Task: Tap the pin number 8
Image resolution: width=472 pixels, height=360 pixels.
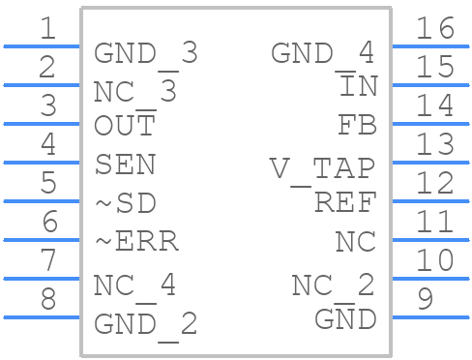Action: (47, 299)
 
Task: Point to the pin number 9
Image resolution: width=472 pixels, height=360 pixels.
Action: (425, 299)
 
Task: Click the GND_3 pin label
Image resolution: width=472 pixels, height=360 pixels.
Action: (145, 54)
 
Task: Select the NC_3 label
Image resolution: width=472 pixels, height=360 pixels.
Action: (135, 93)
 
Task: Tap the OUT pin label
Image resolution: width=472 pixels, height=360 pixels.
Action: (125, 126)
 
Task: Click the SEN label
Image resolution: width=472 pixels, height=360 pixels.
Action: (125, 165)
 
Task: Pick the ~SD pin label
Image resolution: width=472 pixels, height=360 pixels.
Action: (125, 203)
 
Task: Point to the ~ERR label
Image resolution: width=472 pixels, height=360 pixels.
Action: (135, 242)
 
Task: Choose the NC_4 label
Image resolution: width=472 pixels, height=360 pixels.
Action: (135, 286)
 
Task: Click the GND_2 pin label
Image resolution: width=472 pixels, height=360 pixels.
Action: (145, 324)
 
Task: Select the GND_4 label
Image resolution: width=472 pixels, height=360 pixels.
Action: (323, 54)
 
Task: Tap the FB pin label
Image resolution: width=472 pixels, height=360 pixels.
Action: (356, 126)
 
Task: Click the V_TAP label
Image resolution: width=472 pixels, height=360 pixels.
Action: (322, 169)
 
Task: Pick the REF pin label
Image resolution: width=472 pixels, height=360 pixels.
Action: (344, 202)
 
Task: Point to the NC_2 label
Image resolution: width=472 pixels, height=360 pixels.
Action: (334, 286)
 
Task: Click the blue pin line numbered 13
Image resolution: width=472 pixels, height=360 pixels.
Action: (430, 162)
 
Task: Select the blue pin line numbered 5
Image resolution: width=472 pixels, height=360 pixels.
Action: (41, 200)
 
